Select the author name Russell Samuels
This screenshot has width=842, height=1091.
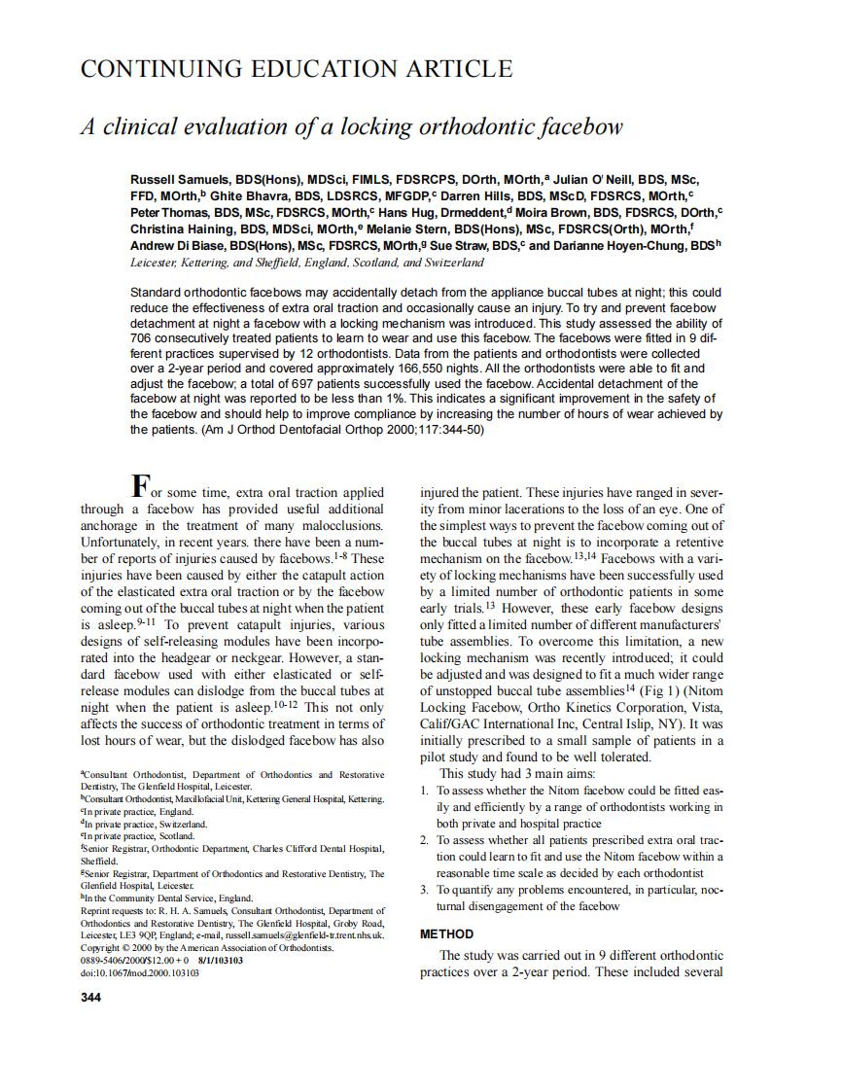pos(180,180)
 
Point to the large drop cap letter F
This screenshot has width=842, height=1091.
pos(141,484)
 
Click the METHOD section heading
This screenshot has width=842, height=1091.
pos(446,933)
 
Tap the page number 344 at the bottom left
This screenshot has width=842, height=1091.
pos(90,997)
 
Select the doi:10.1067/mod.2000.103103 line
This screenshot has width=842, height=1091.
pos(140,971)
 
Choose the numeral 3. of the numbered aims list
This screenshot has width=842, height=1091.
pos(425,890)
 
